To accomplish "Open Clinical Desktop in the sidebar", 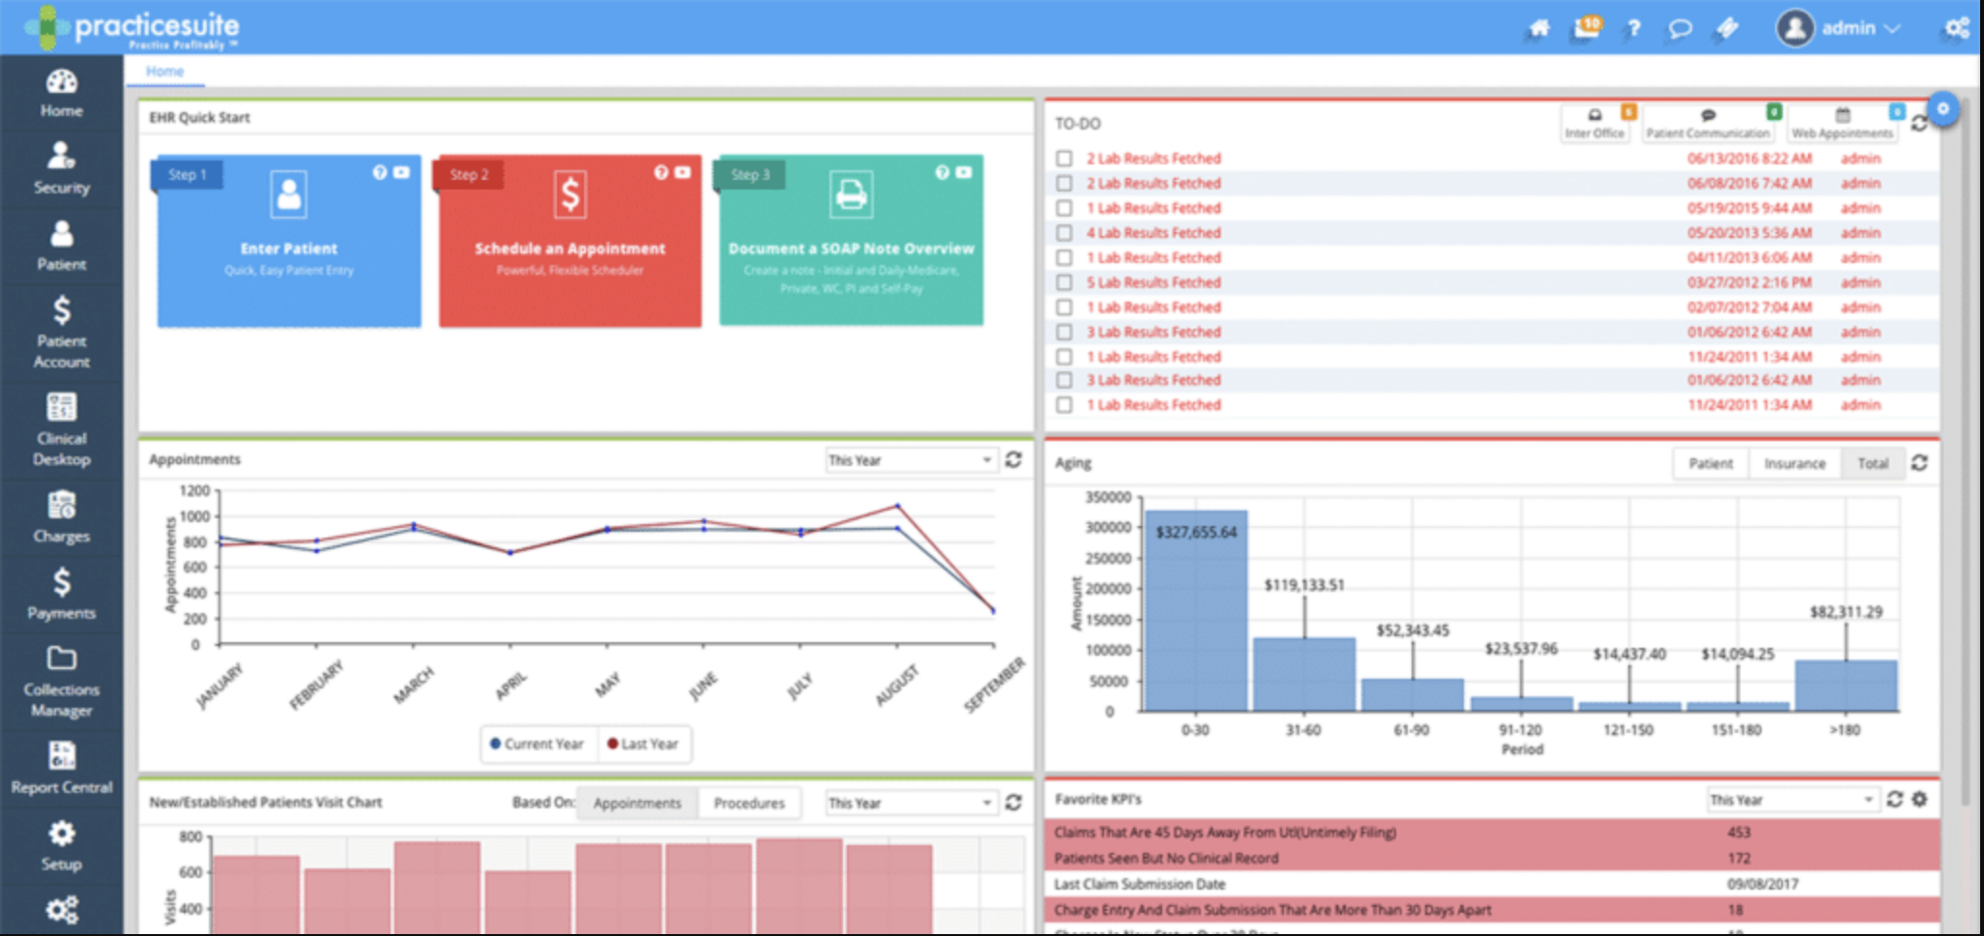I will click(61, 428).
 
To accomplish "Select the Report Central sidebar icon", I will click(61, 768).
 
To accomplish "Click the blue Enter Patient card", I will click(289, 241).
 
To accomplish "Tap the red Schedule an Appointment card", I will click(569, 241).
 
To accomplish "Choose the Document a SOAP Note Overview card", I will click(851, 241).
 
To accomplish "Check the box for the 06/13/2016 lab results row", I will click(1065, 158).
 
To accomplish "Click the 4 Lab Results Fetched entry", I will click(1152, 233).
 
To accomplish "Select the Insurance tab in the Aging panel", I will click(1794, 463).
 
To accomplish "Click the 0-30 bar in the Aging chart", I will click(1195, 619).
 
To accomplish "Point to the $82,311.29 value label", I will click(1846, 612).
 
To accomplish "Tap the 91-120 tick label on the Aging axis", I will click(1520, 730).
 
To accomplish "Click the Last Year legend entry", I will click(642, 744).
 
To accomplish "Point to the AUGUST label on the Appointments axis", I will click(896, 685).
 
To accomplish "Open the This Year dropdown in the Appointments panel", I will click(910, 460).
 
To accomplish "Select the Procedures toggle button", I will click(748, 803).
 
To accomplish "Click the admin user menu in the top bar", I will click(1839, 28).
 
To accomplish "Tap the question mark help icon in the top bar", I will click(1634, 28).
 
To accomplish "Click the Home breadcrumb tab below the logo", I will click(164, 71).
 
